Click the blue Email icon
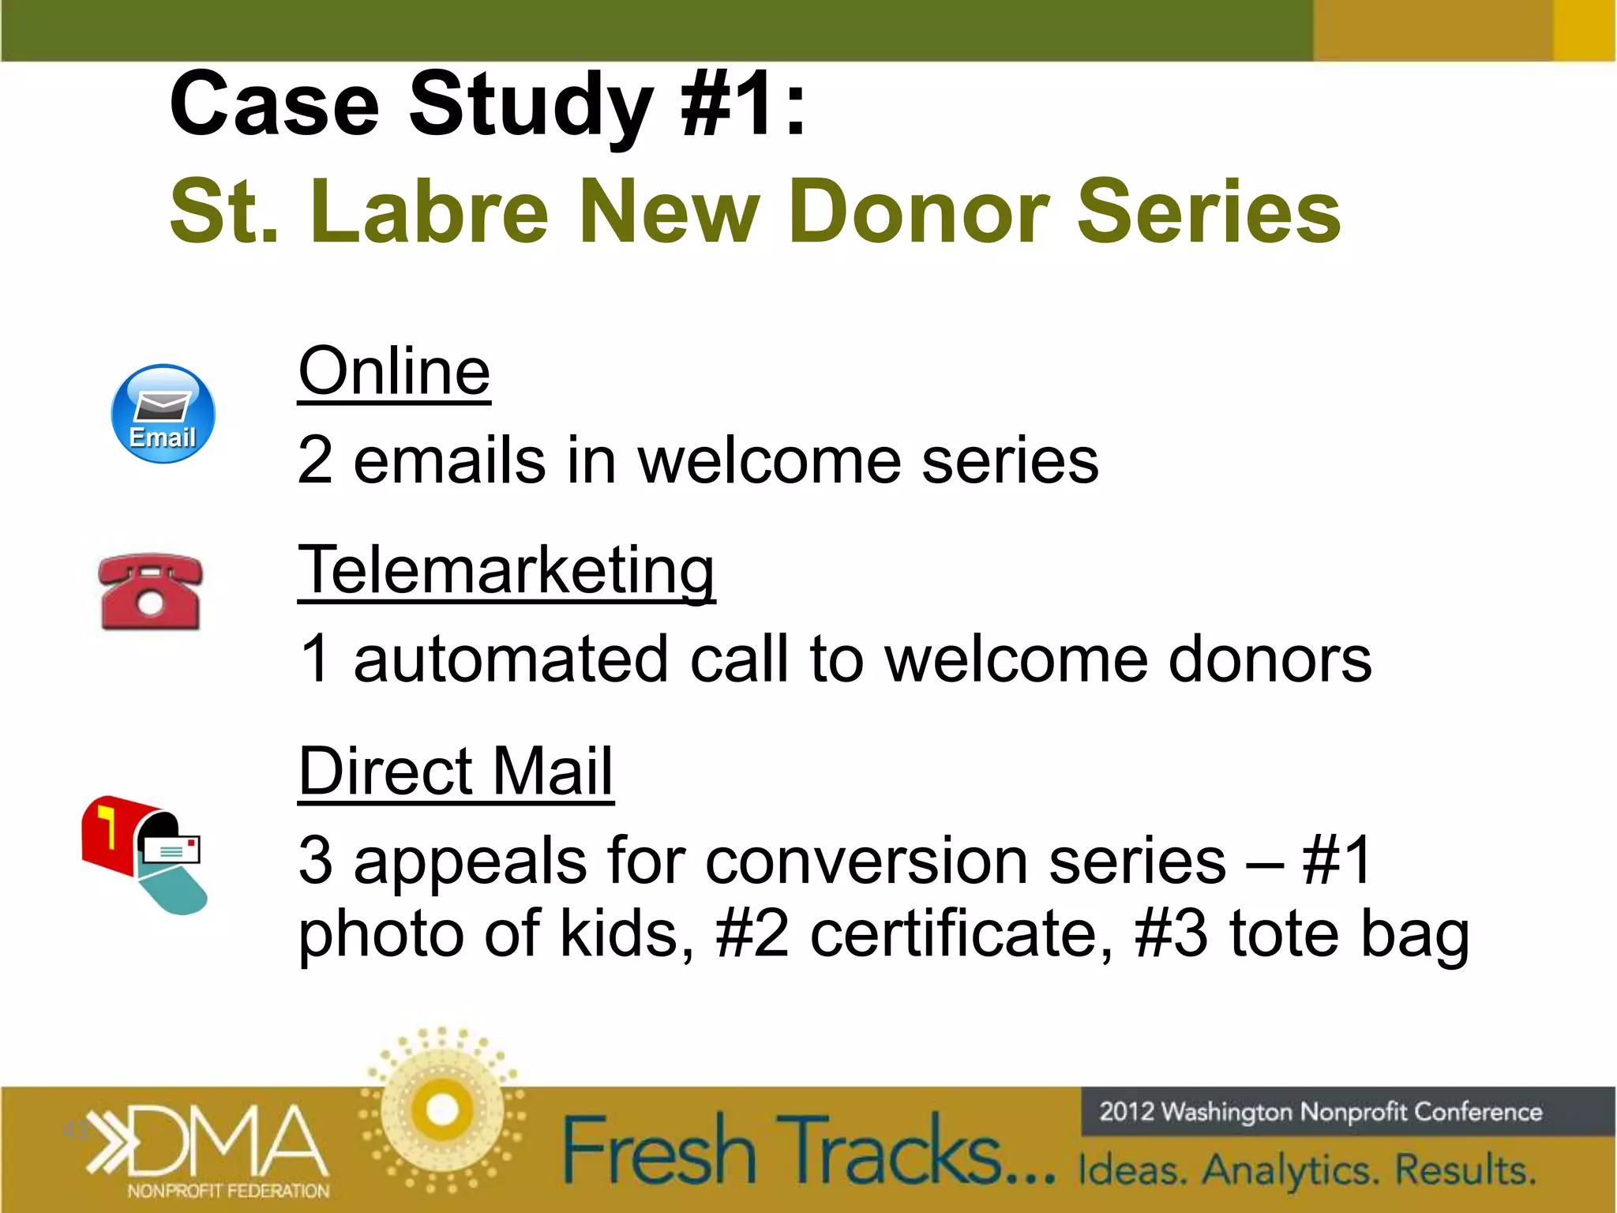click(x=163, y=414)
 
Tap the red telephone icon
click(x=150, y=592)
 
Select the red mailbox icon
click(x=142, y=853)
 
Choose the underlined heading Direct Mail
click(x=456, y=771)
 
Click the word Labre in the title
click(x=430, y=212)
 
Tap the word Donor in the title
click(x=918, y=212)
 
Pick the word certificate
click(x=962, y=933)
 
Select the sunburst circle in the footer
click(x=442, y=1110)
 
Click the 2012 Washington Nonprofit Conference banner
click(x=1320, y=1112)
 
